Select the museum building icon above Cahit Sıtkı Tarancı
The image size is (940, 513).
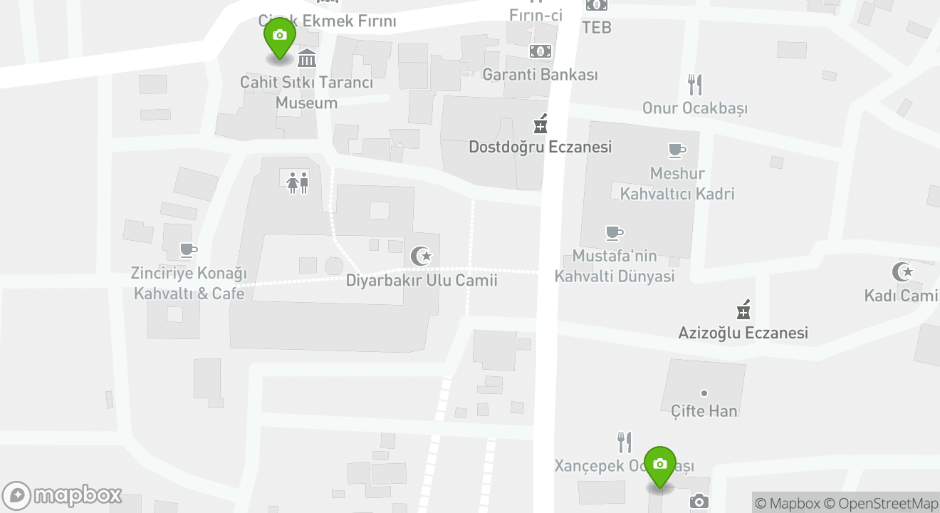(x=307, y=58)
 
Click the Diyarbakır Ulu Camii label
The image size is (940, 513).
(x=422, y=280)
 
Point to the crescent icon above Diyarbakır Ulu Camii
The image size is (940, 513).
(x=422, y=255)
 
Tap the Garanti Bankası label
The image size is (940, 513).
(x=540, y=75)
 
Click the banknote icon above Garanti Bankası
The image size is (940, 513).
(x=540, y=51)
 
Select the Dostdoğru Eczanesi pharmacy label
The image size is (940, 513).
(x=540, y=147)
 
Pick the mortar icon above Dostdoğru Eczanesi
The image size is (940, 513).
(x=540, y=124)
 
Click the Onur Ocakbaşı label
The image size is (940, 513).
(x=694, y=108)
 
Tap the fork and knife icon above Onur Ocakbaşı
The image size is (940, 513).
(x=695, y=85)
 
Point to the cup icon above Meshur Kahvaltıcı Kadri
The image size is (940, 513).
(x=677, y=150)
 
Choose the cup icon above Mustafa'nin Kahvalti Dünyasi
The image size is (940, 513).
(x=614, y=233)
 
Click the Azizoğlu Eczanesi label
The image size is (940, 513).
(x=743, y=333)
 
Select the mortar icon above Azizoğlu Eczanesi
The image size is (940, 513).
(x=743, y=310)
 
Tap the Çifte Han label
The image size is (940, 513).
(x=704, y=410)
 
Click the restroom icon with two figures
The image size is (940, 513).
(x=298, y=183)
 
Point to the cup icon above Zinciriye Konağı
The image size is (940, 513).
(x=188, y=250)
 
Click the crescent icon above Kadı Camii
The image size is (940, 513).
(x=902, y=271)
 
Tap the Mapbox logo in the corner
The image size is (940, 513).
(x=62, y=495)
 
